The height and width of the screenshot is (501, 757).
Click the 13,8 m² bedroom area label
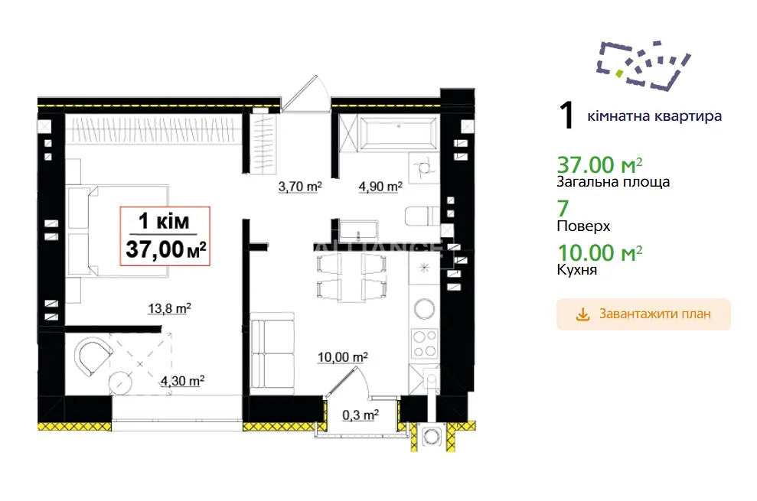169,308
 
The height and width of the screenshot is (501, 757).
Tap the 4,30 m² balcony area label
182,381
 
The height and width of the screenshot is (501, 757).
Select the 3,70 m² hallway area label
300,187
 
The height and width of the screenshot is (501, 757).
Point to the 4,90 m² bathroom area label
380,187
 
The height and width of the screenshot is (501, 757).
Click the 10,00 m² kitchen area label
343,357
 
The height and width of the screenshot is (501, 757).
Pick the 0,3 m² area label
361,415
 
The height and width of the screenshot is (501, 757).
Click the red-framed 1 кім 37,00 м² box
165,236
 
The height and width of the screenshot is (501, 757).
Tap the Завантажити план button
644,314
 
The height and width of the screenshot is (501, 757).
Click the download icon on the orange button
583,314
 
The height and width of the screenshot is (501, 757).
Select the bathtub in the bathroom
398,132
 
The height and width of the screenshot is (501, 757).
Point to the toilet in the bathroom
422,216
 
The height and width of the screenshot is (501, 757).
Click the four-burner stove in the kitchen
424,343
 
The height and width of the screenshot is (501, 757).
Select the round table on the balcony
120,384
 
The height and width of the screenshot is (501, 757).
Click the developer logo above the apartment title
644,66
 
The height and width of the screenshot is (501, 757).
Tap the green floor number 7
563,209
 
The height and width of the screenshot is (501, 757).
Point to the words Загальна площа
613,182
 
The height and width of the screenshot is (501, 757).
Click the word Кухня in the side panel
577,269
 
